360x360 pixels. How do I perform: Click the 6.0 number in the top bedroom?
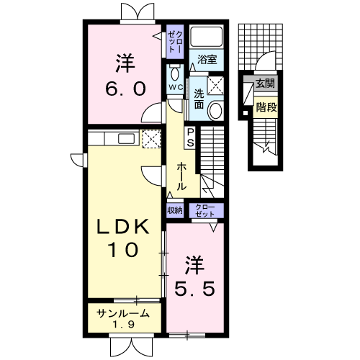[x=125, y=89]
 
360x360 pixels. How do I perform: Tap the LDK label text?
[x=122, y=227]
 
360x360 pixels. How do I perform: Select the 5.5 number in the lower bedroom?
[x=194, y=289]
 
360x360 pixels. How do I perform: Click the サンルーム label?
[x=124, y=313]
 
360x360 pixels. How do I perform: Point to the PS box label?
[x=190, y=138]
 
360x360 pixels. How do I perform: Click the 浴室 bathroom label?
[x=207, y=59]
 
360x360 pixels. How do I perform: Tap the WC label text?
[x=176, y=87]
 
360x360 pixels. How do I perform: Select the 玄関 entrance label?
[x=265, y=84]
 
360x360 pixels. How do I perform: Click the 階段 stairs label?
[x=266, y=107]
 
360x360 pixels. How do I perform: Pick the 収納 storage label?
[x=175, y=210]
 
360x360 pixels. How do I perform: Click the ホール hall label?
[x=181, y=176]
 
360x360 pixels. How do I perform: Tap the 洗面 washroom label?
[x=199, y=99]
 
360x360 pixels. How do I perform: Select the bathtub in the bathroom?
[x=207, y=37]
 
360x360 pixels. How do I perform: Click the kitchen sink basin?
[x=126, y=138]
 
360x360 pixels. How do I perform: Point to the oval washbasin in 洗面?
[x=215, y=111]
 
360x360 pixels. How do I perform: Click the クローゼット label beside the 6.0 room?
[x=175, y=42]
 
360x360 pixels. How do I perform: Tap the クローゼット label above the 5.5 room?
[x=205, y=210]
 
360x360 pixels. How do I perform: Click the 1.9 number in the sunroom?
[x=124, y=325]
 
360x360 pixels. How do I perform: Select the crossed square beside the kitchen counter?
[x=151, y=139]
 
